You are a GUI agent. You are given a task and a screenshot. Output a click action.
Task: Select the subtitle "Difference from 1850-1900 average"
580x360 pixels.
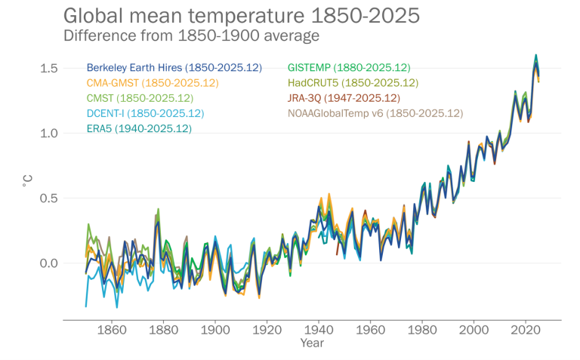click(x=192, y=35)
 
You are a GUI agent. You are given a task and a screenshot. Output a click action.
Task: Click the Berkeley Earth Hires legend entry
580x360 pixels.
click(x=174, y=68)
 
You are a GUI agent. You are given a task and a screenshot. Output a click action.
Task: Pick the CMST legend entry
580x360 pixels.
click(x=140, y=98)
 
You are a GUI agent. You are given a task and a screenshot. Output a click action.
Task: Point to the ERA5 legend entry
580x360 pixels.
click(x=139, y=128)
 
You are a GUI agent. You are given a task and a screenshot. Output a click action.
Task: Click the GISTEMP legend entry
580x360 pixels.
click(x=349, y=68)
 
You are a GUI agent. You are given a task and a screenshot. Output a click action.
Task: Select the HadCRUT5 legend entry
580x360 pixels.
click(x=353, y=83)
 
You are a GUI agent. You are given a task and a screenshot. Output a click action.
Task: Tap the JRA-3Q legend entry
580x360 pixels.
click(x=344, y=98)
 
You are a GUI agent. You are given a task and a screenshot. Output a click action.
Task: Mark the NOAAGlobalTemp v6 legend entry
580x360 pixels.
click(x=375, y=113)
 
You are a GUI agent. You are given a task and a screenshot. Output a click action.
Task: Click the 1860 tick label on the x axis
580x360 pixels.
click(x=112, y=330)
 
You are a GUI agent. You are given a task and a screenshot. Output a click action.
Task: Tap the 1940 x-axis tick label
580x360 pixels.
click(x=319, y=330)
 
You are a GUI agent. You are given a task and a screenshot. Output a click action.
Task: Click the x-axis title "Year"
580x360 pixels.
click(x=311, y=343)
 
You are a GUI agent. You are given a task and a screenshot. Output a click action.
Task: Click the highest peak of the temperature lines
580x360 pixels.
click(x=535, y=56)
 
